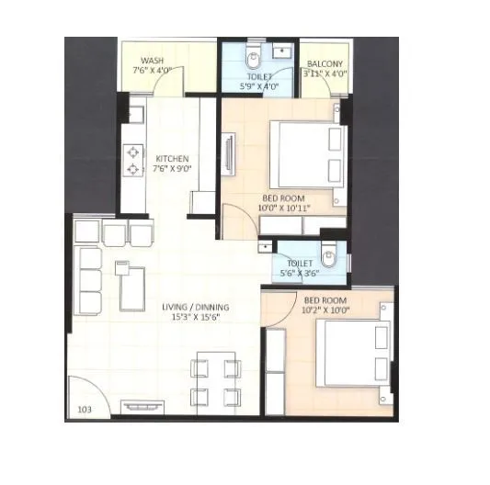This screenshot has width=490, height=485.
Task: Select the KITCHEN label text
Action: pos(173,157)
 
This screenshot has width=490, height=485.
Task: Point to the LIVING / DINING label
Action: pos(196,307)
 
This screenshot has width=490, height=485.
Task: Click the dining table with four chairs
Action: pos(216,381)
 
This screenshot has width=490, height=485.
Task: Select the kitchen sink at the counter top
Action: pos(134,113)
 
